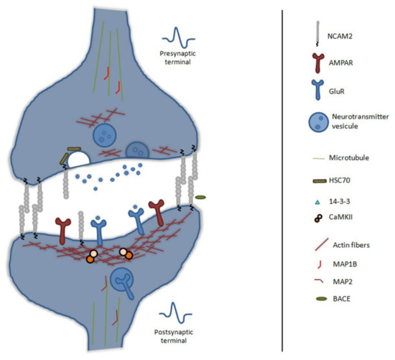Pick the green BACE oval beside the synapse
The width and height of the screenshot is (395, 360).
click(201, 197)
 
